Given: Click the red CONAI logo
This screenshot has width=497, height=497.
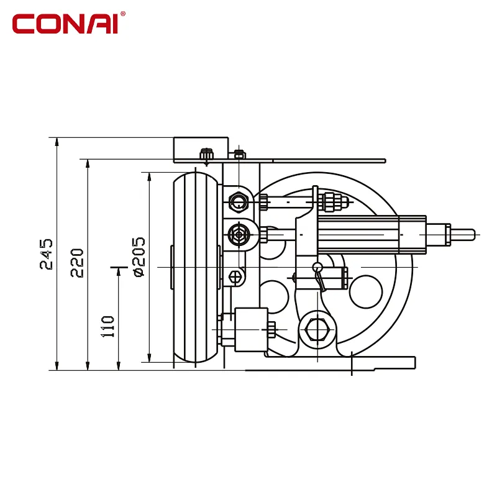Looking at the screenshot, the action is coord(65,24).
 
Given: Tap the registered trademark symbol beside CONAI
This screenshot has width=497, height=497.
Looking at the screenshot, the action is coord(123,14).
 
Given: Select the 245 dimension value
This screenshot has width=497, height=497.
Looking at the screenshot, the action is coord(46,254).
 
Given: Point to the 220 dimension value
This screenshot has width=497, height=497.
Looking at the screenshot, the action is coord(77,263).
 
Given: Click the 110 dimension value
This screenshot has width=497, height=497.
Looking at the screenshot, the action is coord(107,327).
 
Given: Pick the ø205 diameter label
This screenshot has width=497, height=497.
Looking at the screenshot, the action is coord(139,257).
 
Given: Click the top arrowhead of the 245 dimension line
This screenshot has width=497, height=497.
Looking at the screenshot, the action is coord(57,142).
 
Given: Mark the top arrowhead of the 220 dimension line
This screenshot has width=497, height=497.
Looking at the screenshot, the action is coord(88,163).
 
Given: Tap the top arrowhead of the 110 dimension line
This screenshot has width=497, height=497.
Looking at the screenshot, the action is coord(119,271).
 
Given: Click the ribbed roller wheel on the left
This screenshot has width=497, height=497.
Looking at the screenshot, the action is coord(196,267).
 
